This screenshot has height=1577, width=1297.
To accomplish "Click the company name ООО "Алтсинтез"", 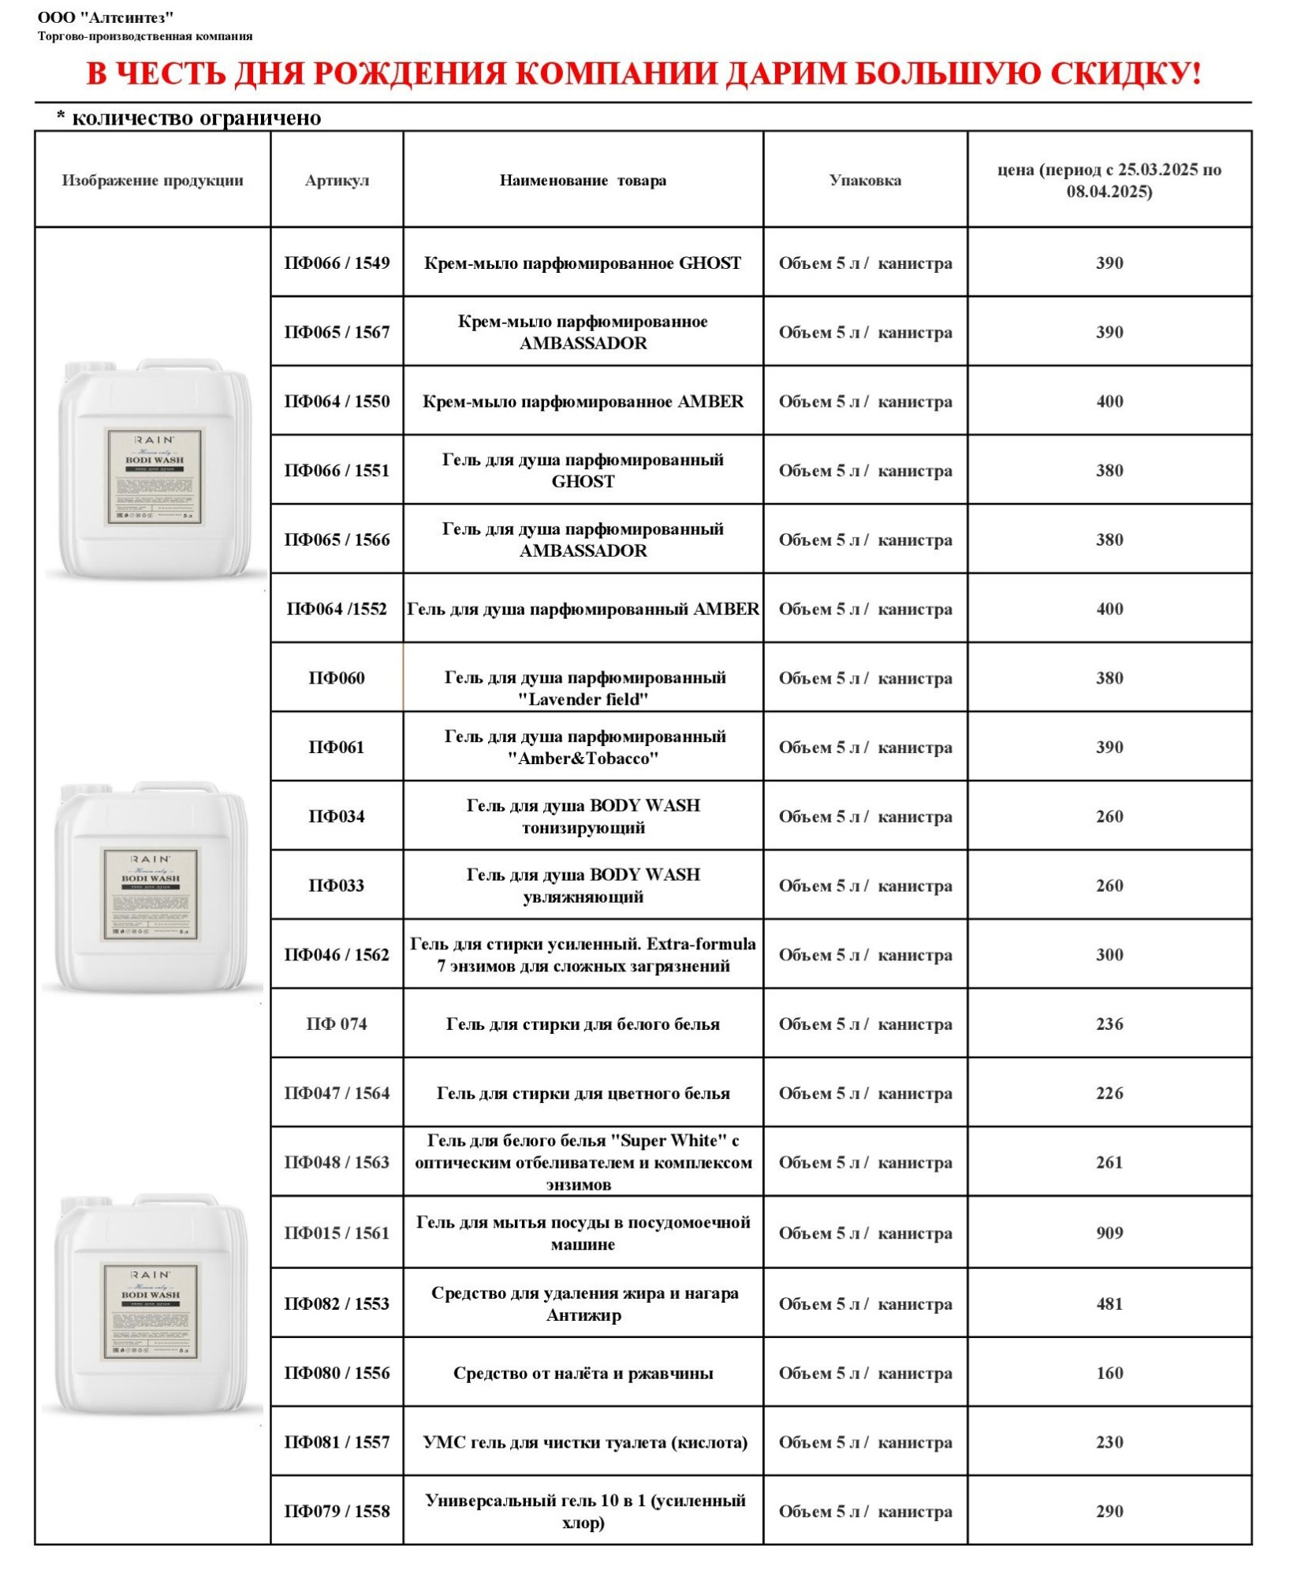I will (x=106, y=17).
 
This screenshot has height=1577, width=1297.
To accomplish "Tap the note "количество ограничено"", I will (x=196, y=118).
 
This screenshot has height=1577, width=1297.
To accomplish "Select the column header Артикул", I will (x=337, y=181).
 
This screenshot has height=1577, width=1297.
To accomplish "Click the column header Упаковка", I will (x=865, y=181).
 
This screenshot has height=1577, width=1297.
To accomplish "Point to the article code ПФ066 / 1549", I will (x=337, y=263).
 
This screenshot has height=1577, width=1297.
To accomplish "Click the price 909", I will (x=1109, y=1232).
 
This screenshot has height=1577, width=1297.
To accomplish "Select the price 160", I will (x=1109, y=1373).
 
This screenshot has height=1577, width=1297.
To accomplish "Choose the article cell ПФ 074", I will (x=337, y=1024).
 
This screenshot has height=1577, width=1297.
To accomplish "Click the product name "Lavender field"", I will (x=583, y=699).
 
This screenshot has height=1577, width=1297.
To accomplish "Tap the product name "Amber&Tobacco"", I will (x=583, y=759).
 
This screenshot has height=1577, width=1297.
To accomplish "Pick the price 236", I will (x=1109, y=1024).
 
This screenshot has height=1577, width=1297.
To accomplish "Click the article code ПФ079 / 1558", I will (x=337, y=1512).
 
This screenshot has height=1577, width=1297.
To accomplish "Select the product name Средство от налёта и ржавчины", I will (x=583, y=1374).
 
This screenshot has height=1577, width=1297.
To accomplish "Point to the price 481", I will (x=1109, y=1303).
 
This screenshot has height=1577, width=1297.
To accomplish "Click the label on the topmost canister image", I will (x=155, y=477).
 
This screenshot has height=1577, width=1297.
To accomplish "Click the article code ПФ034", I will (x=337, y=816).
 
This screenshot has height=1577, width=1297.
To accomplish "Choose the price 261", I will (x=1109, y=1162).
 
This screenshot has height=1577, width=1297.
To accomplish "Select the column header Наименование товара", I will (x=583, y=181).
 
